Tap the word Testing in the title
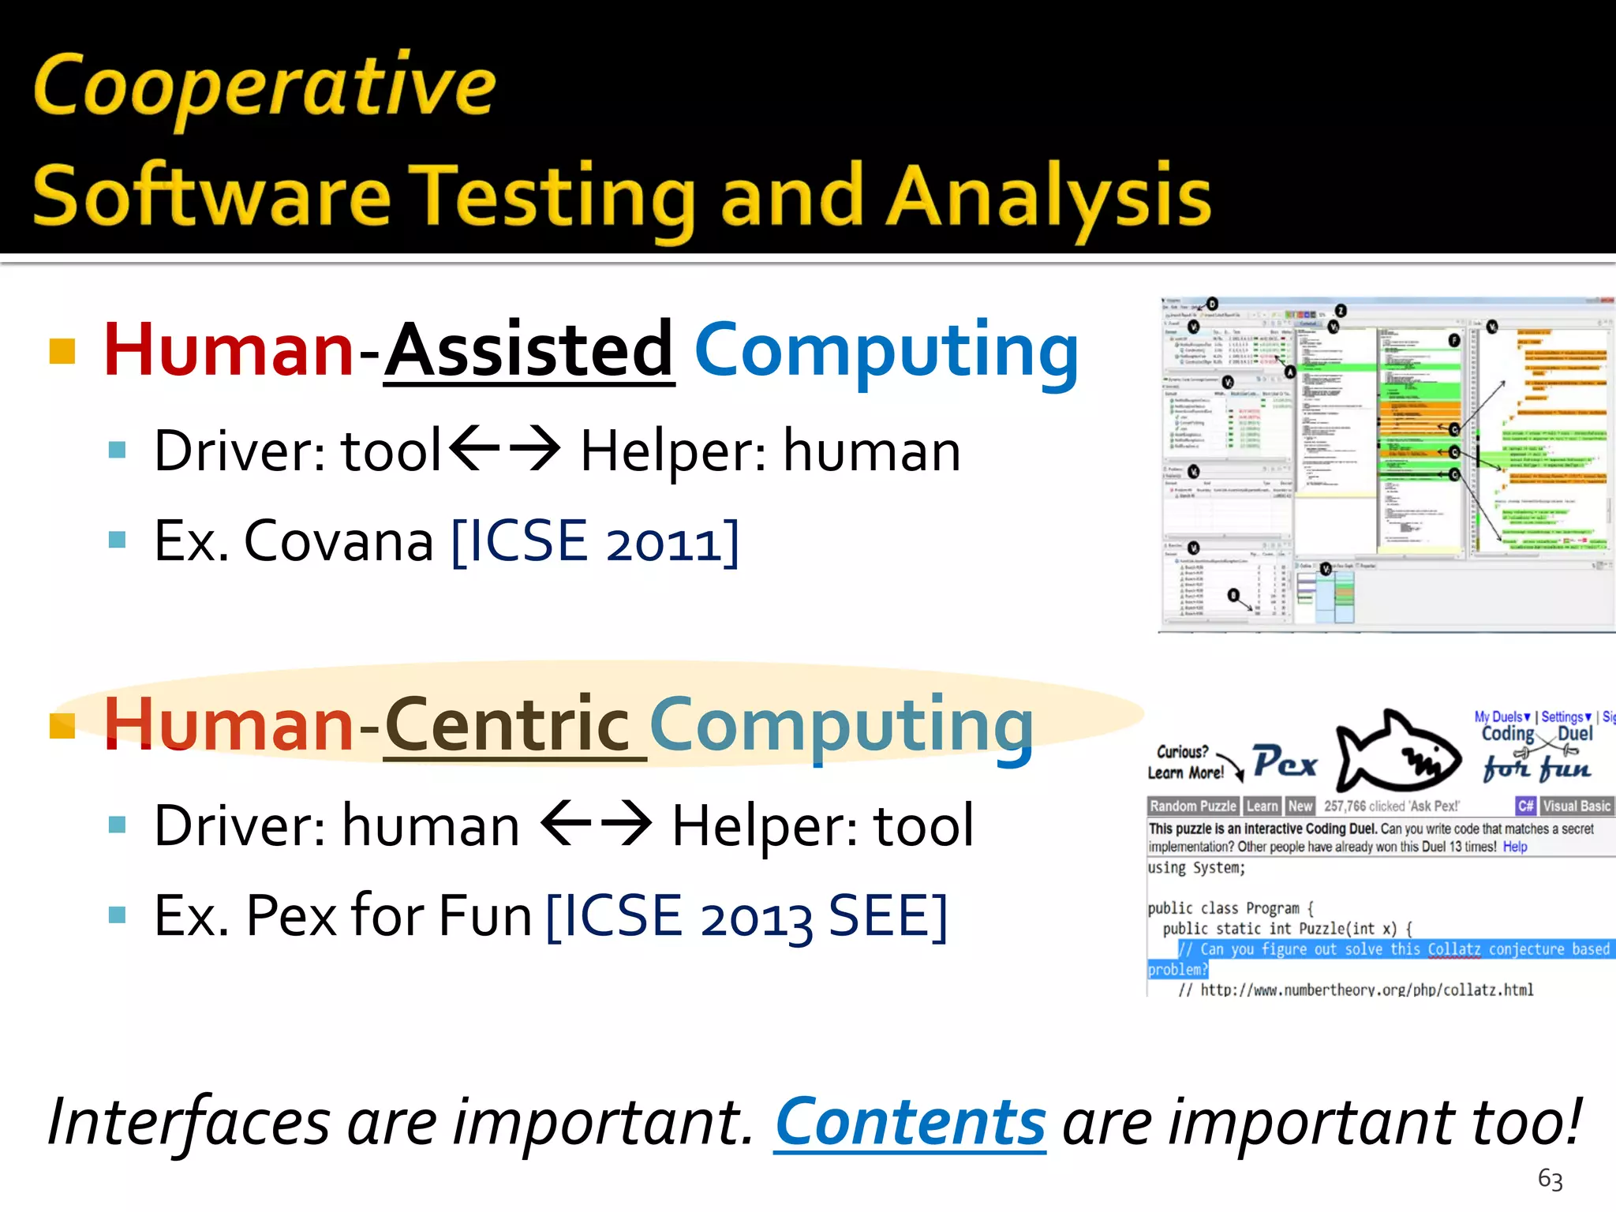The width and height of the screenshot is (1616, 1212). [556, 197]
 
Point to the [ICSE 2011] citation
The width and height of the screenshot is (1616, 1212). [596, 542]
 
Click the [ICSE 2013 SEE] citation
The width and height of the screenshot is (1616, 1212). [746, 916]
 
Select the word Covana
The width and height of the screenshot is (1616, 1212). [339, 542]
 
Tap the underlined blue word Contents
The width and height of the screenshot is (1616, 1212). [910, 1123]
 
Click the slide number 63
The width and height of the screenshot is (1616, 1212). [1550, 1179]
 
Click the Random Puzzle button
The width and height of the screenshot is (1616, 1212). [1192, 806]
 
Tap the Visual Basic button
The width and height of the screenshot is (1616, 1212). [1576, 806]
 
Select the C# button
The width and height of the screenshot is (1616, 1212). [1525, 806]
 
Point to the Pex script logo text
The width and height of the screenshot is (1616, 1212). [1285, 762]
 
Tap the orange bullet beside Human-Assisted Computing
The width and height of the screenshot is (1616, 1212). [62, 351]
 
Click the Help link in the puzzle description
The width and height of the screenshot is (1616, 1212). [1514, 847]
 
